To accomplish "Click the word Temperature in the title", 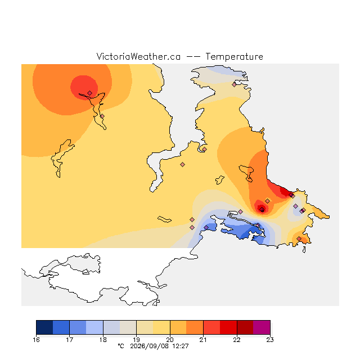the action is pos(234,56).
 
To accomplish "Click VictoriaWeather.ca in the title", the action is pos(138,56).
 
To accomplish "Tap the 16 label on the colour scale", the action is pos(36,340).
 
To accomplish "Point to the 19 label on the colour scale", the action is pos(136,340).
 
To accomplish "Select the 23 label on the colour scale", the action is pos(270,340).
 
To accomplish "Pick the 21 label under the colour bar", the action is pos(203,340).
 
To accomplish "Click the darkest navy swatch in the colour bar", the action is pos(44,327).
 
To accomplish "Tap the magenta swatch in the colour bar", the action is pos(262,327).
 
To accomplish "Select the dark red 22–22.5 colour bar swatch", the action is pos(245,327).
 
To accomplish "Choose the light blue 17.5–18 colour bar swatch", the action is pos(94,327).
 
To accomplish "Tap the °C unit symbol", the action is pos(121,346).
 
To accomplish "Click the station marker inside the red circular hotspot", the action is pos(90,93).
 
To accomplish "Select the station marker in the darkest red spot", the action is pos(262,209).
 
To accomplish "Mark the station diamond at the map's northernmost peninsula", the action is pos(234,85).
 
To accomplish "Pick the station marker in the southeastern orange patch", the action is pos(299,238).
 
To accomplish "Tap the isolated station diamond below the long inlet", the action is pos(182,164).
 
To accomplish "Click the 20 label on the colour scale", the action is pos(170,340).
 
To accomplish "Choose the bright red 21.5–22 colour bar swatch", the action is pos(228,327).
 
